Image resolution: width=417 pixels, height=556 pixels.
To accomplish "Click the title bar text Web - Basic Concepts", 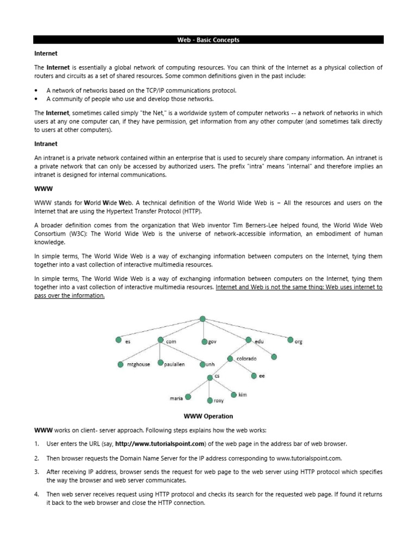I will coord(208,40).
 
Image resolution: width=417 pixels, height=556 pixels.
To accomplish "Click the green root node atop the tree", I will coord(202,319).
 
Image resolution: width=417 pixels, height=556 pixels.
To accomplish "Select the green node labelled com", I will coord(161,340).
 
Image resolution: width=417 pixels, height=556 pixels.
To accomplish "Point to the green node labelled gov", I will coord(204,342).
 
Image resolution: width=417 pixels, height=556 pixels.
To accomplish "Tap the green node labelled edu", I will coord(249,340).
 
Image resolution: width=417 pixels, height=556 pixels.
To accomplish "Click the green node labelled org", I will coord(290,340).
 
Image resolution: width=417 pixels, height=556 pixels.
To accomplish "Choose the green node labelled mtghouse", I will coord(122,364).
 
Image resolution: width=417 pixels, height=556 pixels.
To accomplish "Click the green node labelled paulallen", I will coord(160,363).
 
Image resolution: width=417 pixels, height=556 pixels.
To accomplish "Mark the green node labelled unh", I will coord(202,364).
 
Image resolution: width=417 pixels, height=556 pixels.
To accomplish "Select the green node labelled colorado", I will coord(231,359).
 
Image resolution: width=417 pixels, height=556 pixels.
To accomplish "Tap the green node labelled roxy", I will coord(210,400).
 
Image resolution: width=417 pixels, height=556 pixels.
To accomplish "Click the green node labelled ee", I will coord(254,375).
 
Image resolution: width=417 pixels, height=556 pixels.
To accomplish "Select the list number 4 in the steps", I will coord(36,494).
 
